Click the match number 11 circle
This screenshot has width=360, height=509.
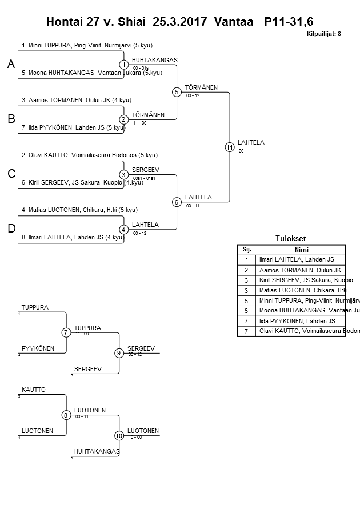[230, 147]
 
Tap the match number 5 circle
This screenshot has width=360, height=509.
[177, 91]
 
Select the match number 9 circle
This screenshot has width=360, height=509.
[119, 353]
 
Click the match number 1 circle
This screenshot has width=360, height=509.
[124, 65]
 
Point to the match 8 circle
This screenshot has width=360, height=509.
[66, 415]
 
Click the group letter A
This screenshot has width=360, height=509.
[11, 65]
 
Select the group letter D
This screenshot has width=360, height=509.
[11, 229]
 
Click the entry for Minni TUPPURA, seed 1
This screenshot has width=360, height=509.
[86, 45]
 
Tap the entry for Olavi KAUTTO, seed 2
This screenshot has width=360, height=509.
[89, 155]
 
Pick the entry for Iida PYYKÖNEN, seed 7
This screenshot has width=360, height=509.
[73, 127]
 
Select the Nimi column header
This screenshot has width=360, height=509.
[301, 250]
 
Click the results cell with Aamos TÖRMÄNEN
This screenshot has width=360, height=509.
[300, 270]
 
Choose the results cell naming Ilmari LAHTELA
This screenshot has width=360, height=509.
[297, 260]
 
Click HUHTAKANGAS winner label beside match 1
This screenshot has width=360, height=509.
[154, 60]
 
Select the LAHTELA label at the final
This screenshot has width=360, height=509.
[251, 142]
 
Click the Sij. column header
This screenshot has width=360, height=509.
[247, 250]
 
